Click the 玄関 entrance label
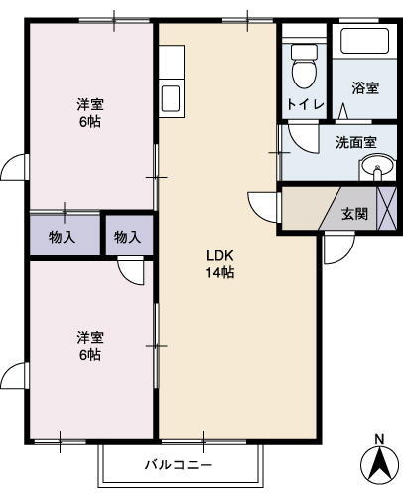pos(354,213)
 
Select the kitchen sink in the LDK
pos(170,98)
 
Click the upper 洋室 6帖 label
pos(90,113)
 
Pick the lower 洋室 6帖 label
pos(90,346)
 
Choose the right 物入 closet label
pos(127,237)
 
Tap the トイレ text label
pos(302,102)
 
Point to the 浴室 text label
pos(364,87)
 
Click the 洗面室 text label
pos(354,142)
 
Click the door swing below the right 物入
pos(130,269)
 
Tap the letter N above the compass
pos(378,439)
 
